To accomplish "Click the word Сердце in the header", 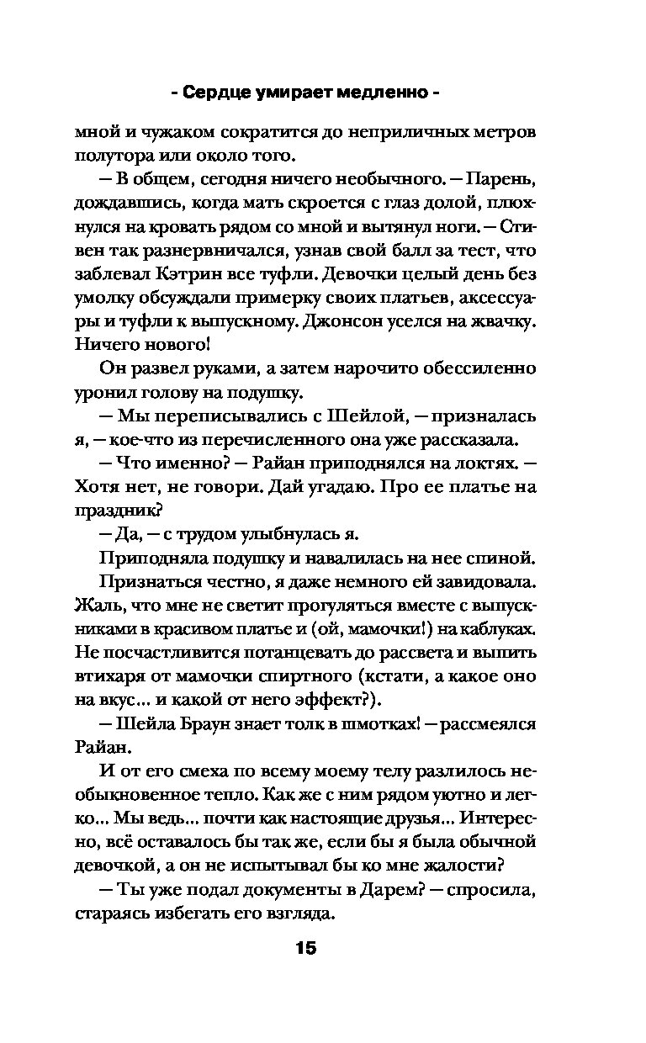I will point(230,92).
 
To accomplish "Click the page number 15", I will point(305,948).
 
